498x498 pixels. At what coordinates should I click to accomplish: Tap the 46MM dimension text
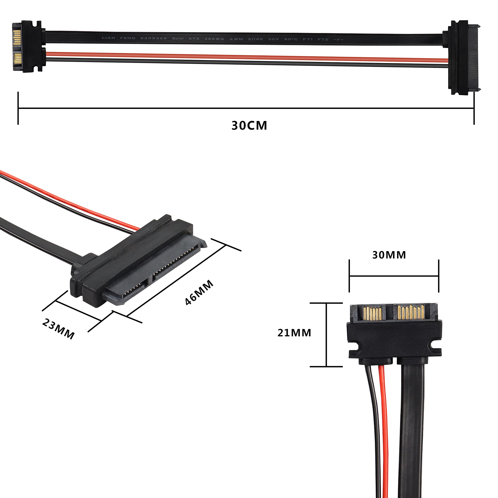(x=199, y=293)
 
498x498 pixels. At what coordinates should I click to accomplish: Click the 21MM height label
(x=294, y=333)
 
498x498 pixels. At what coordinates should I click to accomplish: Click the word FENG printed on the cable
(x=128, y=38)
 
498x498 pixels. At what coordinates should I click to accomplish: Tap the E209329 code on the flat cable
(x=153, y=38)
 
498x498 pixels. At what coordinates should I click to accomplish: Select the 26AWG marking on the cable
(x=214, y=39)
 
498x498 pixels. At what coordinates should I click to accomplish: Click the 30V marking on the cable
(x=273, y=39)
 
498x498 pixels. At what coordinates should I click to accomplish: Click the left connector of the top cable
(x=27, y=46)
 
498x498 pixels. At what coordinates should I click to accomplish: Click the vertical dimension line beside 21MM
(x=326, y=335)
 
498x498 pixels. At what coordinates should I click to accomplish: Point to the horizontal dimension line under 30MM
(x=394, y=276)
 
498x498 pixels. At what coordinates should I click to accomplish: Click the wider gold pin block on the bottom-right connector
(x=411, y=312)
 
